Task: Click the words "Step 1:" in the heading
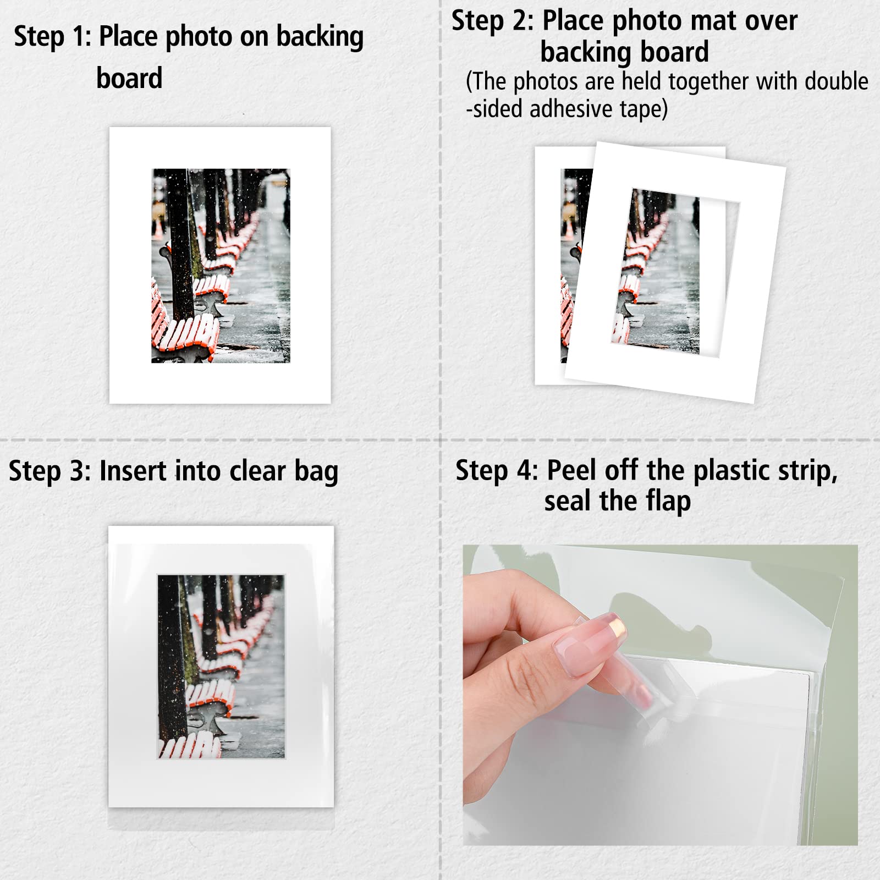click(52, 37)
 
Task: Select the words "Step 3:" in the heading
click(50, 471)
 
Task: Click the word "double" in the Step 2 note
click(837, 81)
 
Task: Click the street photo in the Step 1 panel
click(221, 266)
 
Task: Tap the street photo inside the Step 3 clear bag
click(221, 667)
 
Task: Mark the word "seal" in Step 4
click(569, 501)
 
